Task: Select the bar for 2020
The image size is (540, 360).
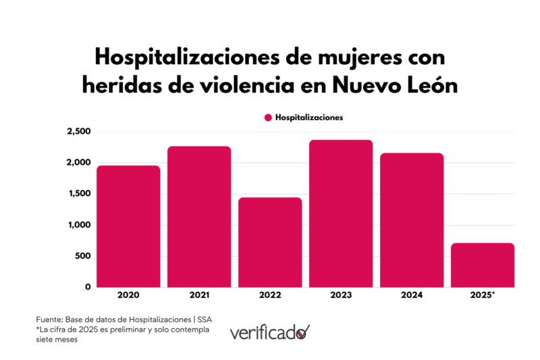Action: tap(128, 226)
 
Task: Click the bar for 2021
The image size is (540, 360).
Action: tap(199, 217)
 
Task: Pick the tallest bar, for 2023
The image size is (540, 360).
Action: tap(341, 213)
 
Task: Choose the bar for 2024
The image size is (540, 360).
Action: tap(412, 220)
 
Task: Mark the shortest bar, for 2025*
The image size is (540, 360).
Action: tap(483, 265)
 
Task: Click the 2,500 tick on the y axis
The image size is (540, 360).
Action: tap(78, 131)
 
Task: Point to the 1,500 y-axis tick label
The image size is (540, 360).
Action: tap(79, 194)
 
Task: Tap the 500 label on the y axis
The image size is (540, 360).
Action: tap(82, 256)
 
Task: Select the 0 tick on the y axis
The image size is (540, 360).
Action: tap(88, 287)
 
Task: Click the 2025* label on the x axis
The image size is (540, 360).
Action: tap(483, 296)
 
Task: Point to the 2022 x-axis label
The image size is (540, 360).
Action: tap(270, 296)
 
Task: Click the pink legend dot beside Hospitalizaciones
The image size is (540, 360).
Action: tap(268, 118)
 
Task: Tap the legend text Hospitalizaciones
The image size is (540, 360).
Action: tap(308, 118)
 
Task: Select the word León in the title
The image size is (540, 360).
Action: tap(429, 86)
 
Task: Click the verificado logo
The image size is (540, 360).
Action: tap(269, 332)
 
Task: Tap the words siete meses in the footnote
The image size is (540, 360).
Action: tap(57, 340)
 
